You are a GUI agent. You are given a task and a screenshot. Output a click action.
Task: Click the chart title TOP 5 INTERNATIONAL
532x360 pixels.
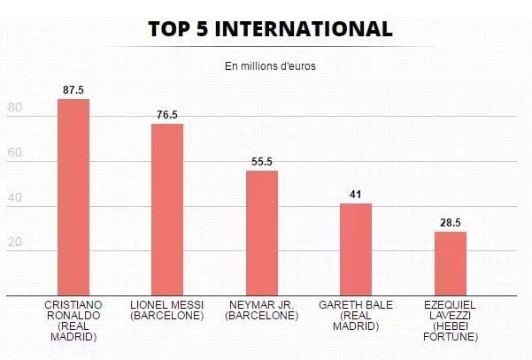point(270,29)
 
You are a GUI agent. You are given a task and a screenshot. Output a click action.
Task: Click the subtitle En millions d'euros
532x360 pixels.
point(270,66)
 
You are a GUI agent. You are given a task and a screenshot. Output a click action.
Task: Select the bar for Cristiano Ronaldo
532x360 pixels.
point(73,197)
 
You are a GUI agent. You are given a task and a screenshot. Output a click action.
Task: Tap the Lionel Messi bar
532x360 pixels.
point(167,210)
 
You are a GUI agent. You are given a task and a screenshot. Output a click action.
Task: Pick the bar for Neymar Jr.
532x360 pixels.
point(262,234)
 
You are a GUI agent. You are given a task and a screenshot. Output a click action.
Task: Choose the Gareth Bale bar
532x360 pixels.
point(356,249)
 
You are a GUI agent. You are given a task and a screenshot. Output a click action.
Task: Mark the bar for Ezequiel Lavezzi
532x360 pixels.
point(451,264)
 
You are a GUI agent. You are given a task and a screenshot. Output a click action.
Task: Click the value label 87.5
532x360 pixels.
point(73,90)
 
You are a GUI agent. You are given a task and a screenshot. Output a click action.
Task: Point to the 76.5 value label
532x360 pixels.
point(167,115)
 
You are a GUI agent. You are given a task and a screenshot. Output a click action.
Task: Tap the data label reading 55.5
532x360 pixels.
point(262,162)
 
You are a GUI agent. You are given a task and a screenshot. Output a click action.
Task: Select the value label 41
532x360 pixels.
point(355,195)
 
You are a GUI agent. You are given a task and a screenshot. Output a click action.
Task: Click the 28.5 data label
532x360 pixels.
point(451,223)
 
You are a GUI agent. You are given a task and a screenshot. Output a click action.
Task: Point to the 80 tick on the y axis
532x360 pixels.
point(14,107)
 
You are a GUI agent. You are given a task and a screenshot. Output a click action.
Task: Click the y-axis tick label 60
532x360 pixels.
point(14,152)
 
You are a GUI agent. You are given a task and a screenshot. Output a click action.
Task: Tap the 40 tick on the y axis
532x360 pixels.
point(14,197)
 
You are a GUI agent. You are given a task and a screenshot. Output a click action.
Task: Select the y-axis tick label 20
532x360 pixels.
point(14,242)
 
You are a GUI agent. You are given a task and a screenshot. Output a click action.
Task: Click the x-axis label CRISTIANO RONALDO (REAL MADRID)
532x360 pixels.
point(73,321)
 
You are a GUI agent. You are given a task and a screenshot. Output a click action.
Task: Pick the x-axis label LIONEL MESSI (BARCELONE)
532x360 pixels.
point(167,310)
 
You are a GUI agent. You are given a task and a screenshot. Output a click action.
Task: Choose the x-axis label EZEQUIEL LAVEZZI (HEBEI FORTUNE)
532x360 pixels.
point(451,321)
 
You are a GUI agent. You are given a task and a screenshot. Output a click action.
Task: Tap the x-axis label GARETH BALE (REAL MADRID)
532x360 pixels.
point(356,315)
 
